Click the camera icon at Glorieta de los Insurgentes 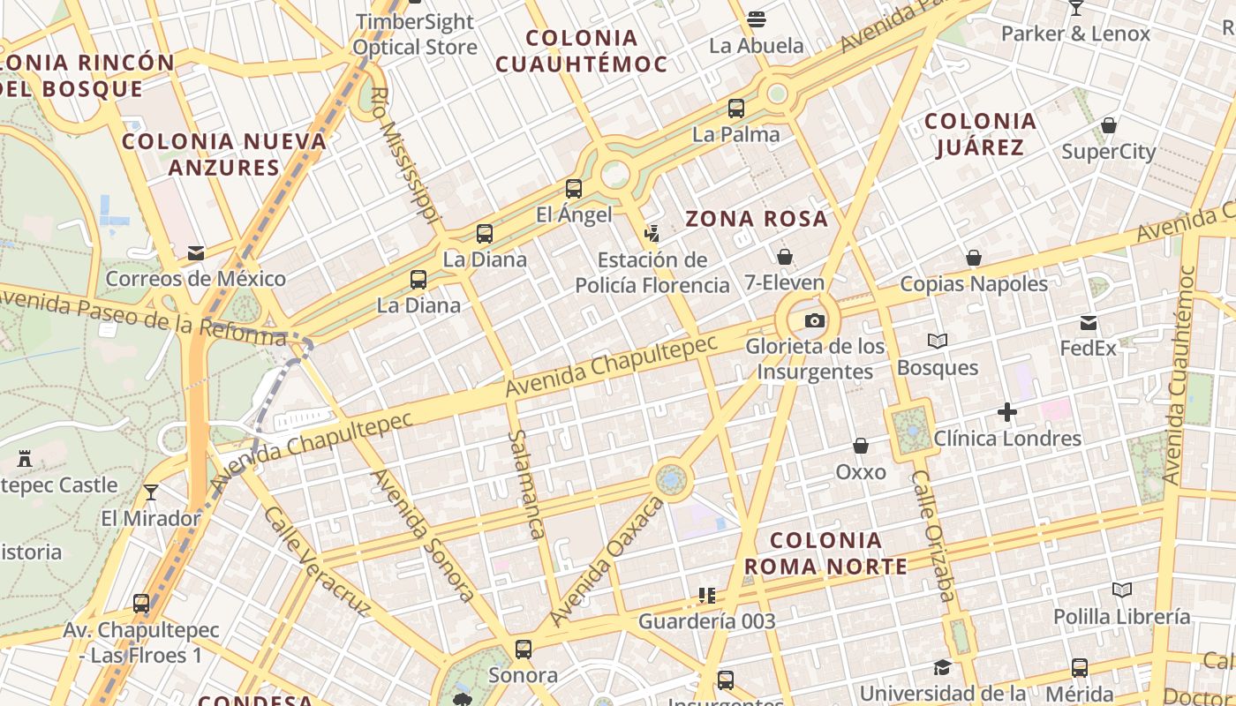pyautogui.click(x=814, y=320)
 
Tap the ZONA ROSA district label pyautogui.click(x=757, y=219)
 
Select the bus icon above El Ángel pyautogui.click(x=574, y=189)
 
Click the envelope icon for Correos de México pyautogui.click(x=196, y=254)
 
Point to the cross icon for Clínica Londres pyautogui.click(x=1007, y=412)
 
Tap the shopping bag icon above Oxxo pyautogui.click(x=860, y=447)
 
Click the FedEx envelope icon pyautogui.click(x=1089, y=323)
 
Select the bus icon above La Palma pyautogui.click(x=735, y=109)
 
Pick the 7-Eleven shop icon pyautogui.click(x=784, y=257)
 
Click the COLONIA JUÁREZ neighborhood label pyautogui.click(x=980, y=134)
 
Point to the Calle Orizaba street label pyautogui.click(x=933, y=536)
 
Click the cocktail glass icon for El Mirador pyautogui.click(x=151, y=492)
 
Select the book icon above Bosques pyautogui.click(x=937, y=341)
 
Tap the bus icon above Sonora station pyautogui.click(x=523, y=650)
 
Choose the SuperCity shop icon pyautogui.click(x=1109, y=125)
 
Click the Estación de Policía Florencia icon pyautogui.click(x=652, y=234)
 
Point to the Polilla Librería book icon pyautogui.click(x=1121, y=590)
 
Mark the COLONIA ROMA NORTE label pyautogui.click(x=825, y=553)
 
